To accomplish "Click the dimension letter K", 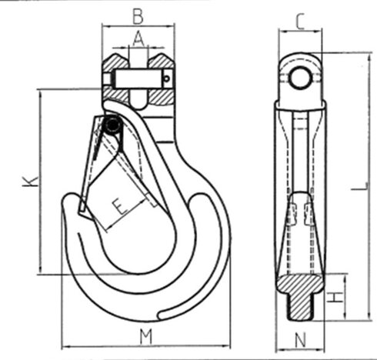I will click(28, 182).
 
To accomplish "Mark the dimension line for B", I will click(138, 25).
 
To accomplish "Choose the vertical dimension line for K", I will click(37, 182).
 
